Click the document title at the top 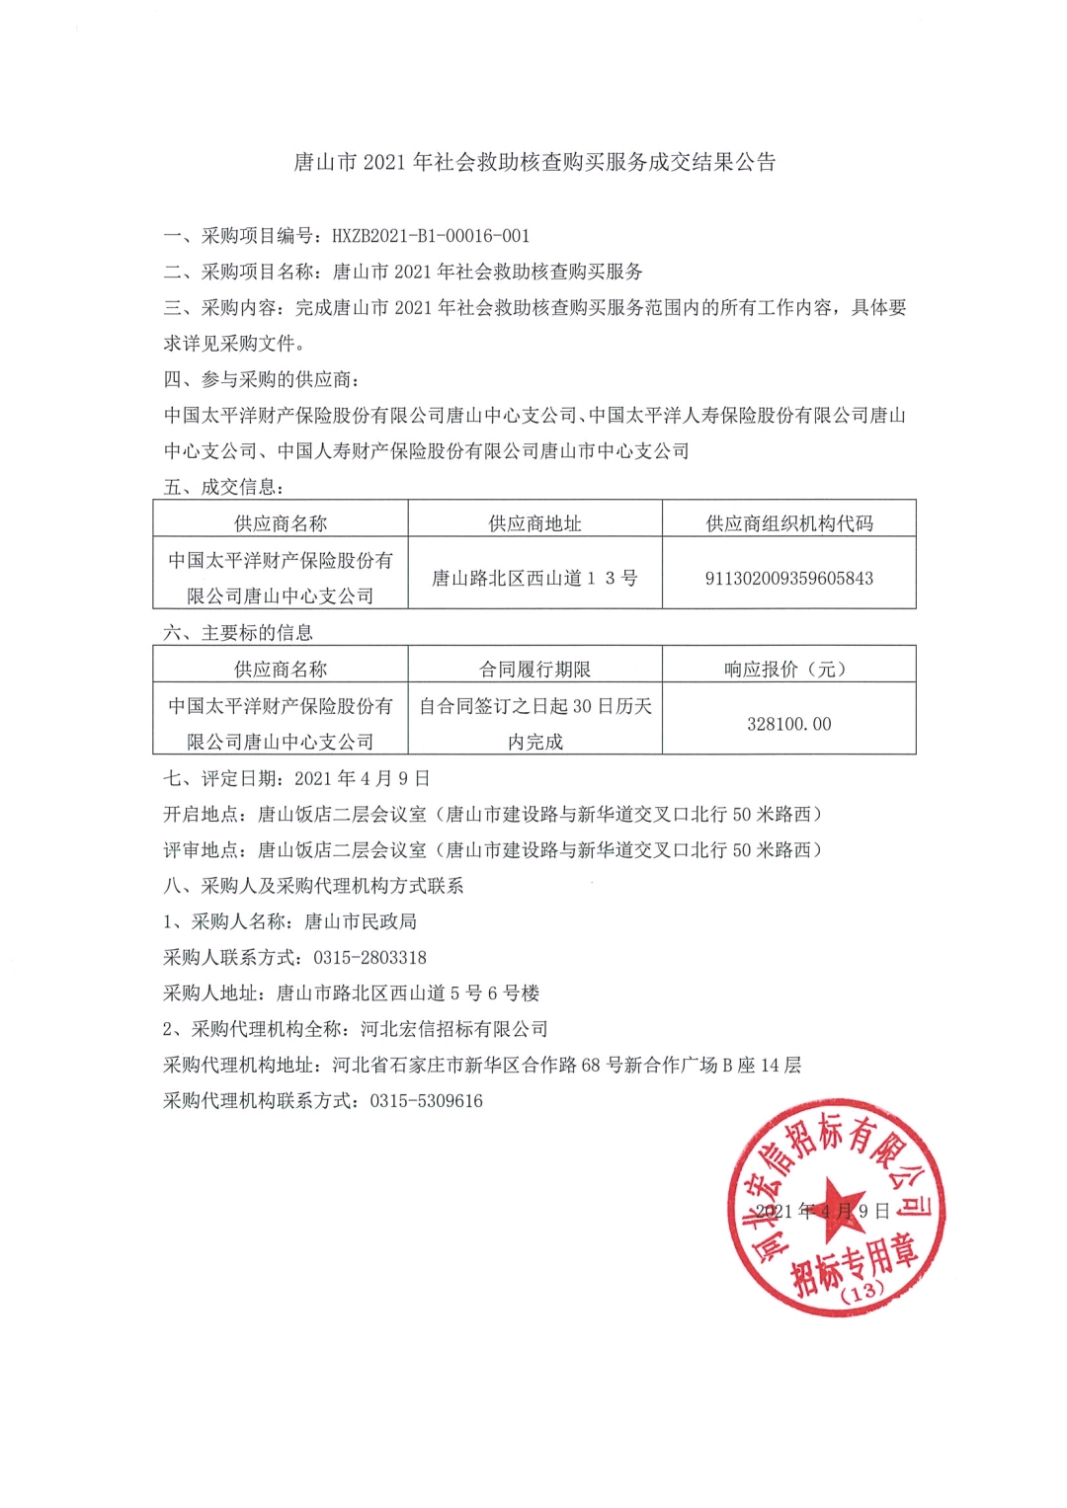534,162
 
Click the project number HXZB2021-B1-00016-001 431,236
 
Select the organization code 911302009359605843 788,578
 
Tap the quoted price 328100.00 788,724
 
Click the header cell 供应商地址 534,523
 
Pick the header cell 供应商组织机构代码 788,523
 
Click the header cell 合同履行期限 534,670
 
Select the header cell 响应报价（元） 788,670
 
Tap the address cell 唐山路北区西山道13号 534,578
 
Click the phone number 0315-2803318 369,957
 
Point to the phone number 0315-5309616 426,1100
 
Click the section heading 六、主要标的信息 238,633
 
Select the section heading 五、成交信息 224,487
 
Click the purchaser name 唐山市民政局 360,921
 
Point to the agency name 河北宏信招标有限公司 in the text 453,1029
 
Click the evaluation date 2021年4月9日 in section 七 362,778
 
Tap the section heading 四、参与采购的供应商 262,379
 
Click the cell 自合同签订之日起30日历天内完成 534,724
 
